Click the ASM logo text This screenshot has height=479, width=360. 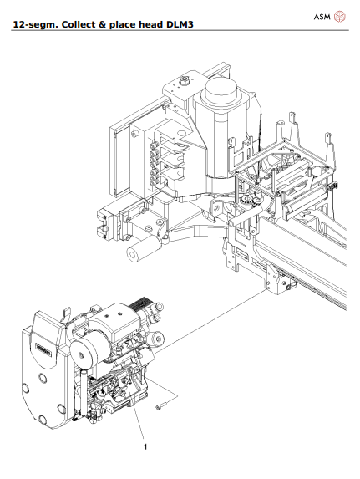[322, 16]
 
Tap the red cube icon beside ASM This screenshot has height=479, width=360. [339, 16]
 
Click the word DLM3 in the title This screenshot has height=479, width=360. [185, 25]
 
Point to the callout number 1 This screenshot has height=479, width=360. [146, 446]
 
